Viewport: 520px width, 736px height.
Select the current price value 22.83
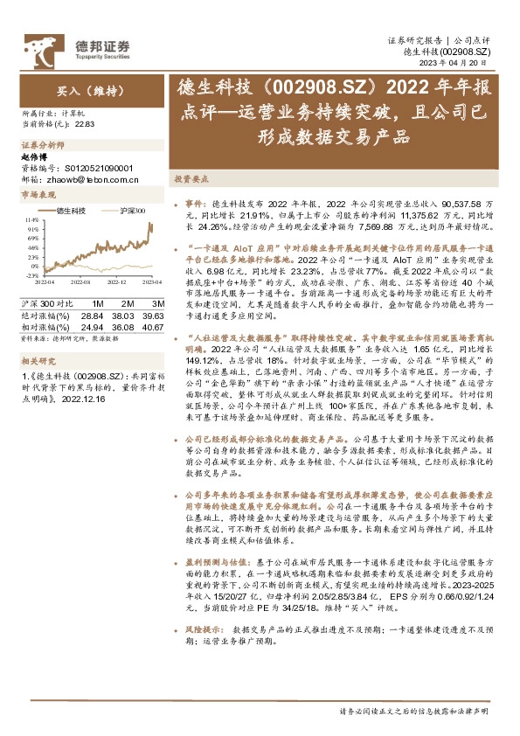point(84,125)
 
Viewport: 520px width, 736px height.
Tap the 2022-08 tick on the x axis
point(80,282)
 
